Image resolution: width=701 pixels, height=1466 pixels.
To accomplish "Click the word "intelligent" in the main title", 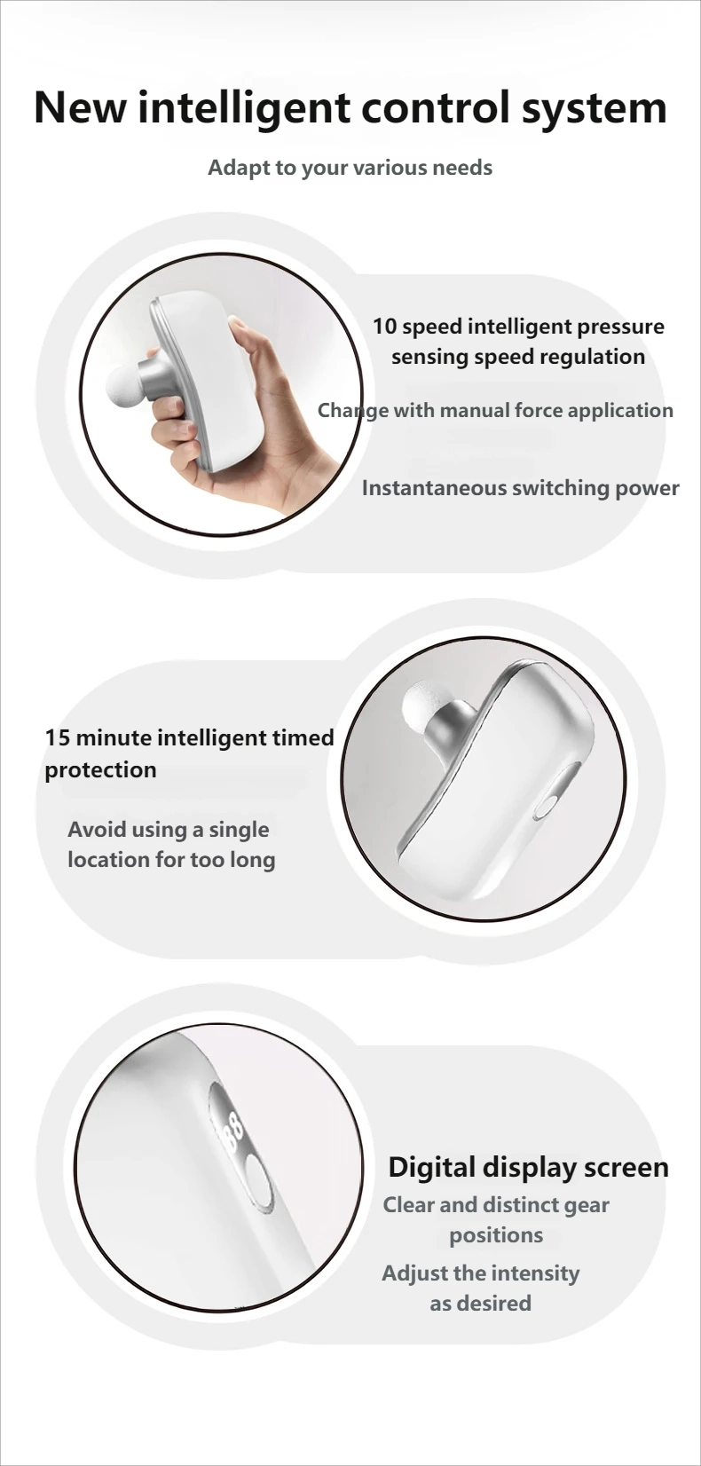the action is (244, 108).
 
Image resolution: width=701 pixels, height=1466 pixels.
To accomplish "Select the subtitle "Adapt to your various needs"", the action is (350, 168).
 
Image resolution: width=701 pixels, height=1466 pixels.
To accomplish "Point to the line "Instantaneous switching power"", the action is (520, 487).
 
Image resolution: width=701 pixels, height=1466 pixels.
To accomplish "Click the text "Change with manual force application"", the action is (495, 410).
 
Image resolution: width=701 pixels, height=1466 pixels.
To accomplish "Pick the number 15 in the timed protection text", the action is (57, 737).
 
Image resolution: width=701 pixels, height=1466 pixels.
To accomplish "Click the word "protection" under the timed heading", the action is (100, 770).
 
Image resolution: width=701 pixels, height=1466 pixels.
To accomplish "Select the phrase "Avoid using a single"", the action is (169, 830).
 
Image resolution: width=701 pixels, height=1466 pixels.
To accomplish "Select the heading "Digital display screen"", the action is (528, 1168).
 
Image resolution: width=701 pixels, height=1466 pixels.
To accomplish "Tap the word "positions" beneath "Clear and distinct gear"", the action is (496, 1235).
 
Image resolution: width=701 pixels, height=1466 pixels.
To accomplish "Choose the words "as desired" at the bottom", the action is (480, 1303).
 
